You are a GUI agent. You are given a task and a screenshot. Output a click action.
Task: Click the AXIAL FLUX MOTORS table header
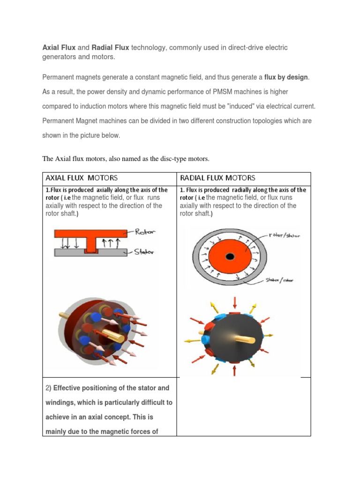(x=81, y=178)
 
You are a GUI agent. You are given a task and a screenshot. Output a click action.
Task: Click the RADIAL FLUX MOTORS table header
(x=217, y=178)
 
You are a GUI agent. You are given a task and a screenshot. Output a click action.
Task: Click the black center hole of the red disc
(x=230, y=256)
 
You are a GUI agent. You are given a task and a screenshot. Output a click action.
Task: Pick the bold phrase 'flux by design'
(x=286, y=77)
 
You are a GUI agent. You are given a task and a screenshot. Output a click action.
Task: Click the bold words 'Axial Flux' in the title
(x=59, y=48)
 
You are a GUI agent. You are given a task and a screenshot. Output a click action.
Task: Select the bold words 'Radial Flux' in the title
(x=111, y=48)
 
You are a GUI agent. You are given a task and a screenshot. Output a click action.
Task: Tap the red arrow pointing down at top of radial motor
(x=234, y=301)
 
